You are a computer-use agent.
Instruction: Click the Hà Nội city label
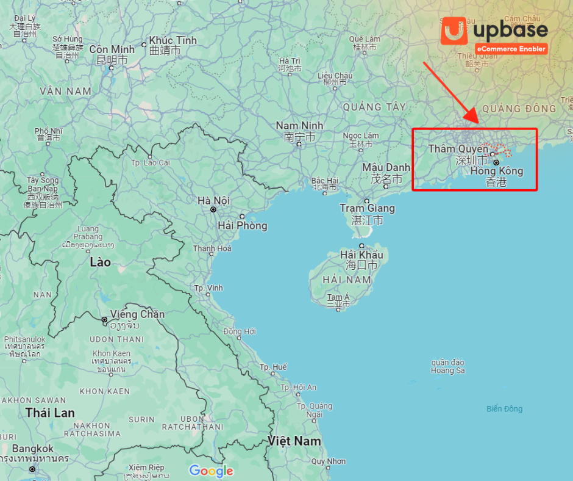pos(213,200)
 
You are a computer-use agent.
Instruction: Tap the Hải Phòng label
pos(243,226)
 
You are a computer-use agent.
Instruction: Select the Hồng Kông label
pos(496,172)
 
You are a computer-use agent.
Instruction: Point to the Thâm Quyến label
pos(458,149)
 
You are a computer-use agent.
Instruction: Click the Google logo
pos(211,471)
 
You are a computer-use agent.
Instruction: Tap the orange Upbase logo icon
pos(454,31)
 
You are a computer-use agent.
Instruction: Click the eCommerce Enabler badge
pos(511,49)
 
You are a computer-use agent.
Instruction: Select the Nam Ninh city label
pos(299,126)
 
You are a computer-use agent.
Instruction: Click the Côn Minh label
pos(112,49)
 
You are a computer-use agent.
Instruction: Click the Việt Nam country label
pos(294,441)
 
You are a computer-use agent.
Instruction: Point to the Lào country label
pos(100,262)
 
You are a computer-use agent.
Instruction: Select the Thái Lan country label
pos(50,413)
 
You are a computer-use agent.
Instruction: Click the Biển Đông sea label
pos(504,409)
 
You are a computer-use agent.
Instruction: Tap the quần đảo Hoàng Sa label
pos(447,366)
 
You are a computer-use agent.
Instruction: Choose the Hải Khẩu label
pos(363,255)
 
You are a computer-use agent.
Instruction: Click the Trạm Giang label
pos(367,208)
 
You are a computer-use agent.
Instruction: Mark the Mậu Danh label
pos(386,167)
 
